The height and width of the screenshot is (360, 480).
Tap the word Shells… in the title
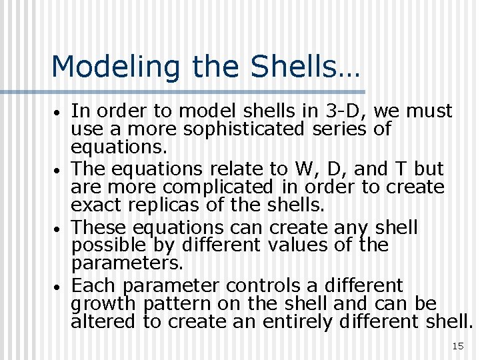coord(302,67)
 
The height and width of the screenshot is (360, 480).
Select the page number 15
coord(457,345)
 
